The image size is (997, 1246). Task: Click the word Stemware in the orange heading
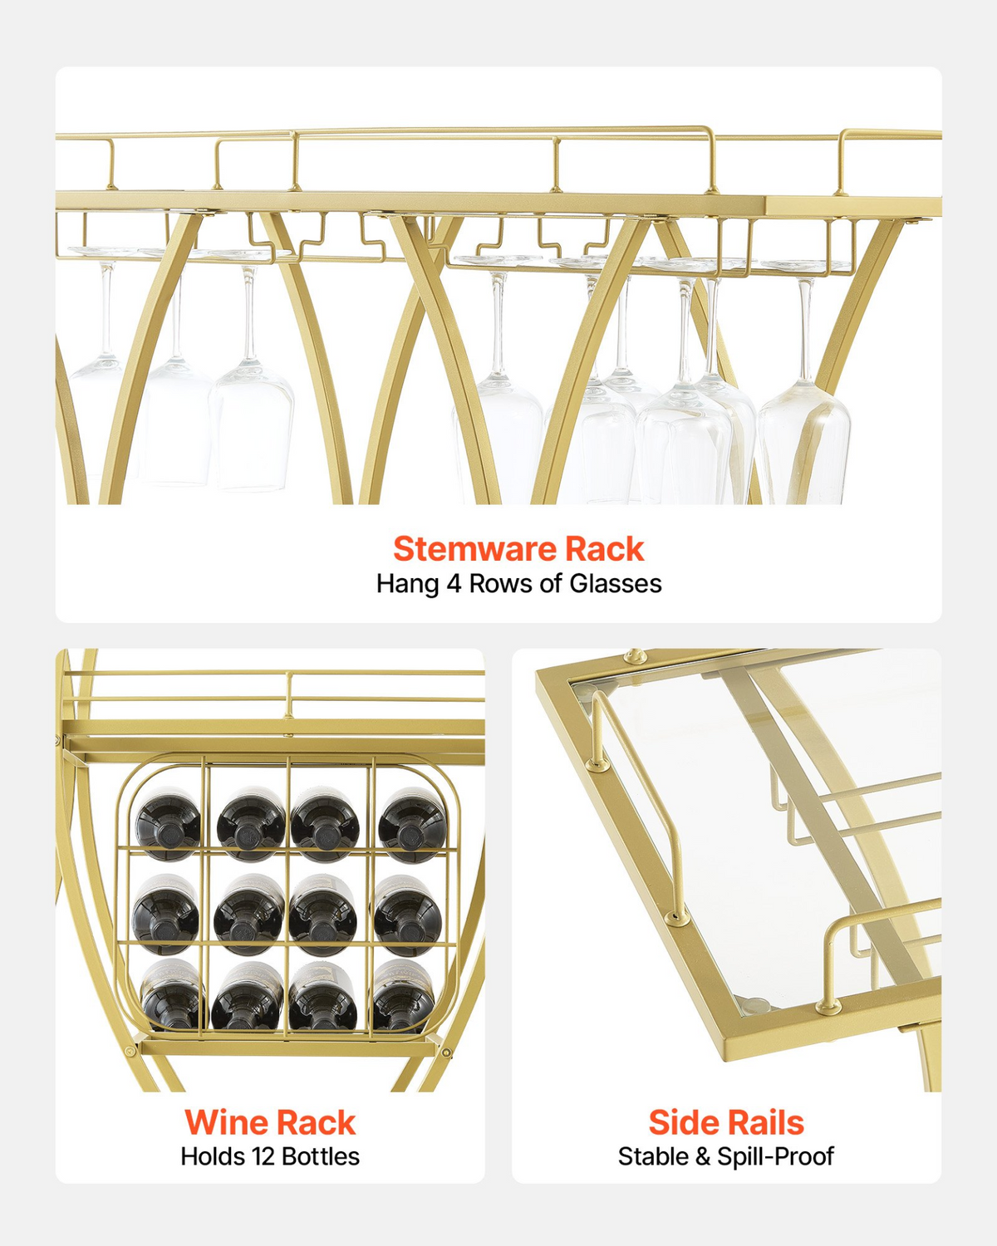pos(474,549)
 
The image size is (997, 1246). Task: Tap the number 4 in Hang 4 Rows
pos(454,584)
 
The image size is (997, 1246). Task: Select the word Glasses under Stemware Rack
pos(615,584)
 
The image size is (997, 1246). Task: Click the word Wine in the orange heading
pos(223,1123)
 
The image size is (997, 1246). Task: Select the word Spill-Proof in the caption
pos(776,1157)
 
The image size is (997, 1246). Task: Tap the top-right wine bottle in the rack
pos(412,825)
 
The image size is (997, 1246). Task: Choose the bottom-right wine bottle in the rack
pos(403,997)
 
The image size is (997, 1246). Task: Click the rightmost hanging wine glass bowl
pos(803,441)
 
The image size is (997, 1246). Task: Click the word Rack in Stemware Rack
pos(604,549)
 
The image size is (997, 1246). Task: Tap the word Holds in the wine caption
pos(213,1157)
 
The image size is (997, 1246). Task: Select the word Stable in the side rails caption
pos(653,1157)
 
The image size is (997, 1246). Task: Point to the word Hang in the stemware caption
pos(408,584)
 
